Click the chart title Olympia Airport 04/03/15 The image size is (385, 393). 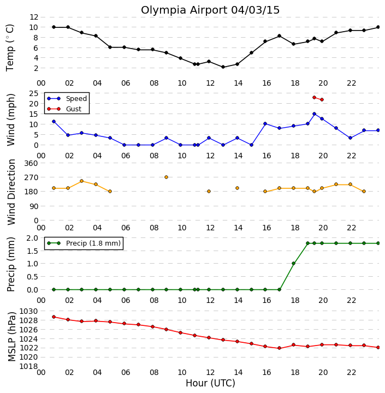210,10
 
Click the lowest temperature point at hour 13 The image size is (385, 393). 223,67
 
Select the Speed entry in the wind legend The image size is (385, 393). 67,98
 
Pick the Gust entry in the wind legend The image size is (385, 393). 64,109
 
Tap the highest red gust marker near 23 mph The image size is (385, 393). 314,98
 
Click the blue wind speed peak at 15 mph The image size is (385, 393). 314,114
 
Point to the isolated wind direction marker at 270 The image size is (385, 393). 166,177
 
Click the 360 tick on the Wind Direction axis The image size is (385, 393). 31,163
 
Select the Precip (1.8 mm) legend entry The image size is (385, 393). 84,243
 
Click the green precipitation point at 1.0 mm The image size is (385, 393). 293,264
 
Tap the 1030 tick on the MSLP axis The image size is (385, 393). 28,311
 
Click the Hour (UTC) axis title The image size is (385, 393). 210,383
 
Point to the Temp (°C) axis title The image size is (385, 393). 10,47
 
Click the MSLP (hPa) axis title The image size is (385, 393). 11,337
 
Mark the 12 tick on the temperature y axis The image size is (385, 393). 34,17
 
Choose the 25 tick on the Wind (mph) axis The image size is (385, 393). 34,93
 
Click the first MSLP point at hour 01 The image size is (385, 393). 54,317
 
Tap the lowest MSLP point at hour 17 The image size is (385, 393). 280,348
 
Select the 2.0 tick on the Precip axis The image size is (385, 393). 32,238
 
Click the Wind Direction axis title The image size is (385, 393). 11,192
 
